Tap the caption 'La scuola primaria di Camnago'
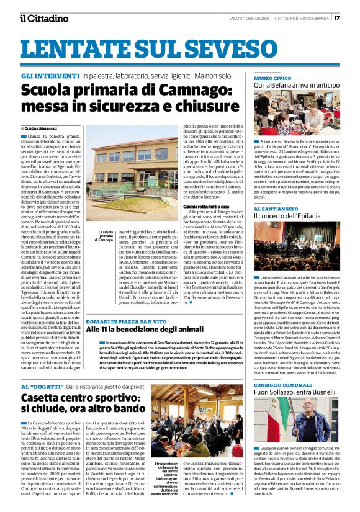click(102, 236)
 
